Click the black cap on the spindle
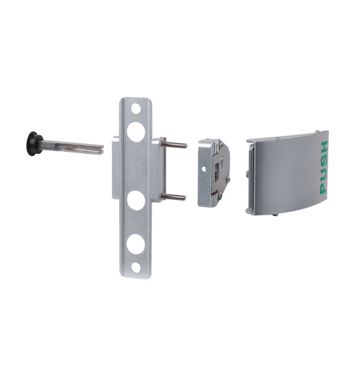[33, 142]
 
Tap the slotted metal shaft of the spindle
[72, 147]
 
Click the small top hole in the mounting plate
[136, 108]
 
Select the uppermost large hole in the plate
[136, 132]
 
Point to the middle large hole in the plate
[136, 200]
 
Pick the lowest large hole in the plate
[136, 244]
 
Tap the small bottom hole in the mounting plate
[136, 267]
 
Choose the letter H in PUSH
[322, 147]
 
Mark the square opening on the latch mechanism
[215, 168]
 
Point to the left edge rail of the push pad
[250, 177]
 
